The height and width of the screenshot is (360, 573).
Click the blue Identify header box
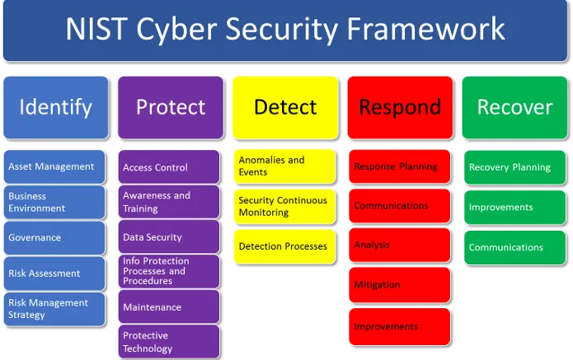[56, 107]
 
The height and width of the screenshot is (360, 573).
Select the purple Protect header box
[171, 107]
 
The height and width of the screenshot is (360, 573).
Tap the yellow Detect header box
[285, 107]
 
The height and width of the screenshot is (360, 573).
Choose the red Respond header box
[400, 107]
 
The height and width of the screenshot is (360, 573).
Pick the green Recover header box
[515, 107]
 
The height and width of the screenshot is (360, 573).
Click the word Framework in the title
[425, 29]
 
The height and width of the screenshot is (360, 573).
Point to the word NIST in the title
[96, 29]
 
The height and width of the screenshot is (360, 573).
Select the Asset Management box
[54, 166]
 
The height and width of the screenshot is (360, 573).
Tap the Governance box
[54, 238]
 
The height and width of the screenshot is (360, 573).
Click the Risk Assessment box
[54, 274]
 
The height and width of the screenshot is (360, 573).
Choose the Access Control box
[169, 166]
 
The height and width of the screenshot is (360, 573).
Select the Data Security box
[169, 236]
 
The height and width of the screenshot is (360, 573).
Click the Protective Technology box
[169, 341]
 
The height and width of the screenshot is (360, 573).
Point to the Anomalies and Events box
[284, 166]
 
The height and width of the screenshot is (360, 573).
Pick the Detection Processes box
[284, 246]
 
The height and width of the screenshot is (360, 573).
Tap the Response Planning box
[400, 166]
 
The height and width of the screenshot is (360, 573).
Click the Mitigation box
[400, 285]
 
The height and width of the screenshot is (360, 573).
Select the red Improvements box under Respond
[400, 326]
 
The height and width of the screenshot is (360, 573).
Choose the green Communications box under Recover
[515, 247]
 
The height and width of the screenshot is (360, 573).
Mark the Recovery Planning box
[515, 167]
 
